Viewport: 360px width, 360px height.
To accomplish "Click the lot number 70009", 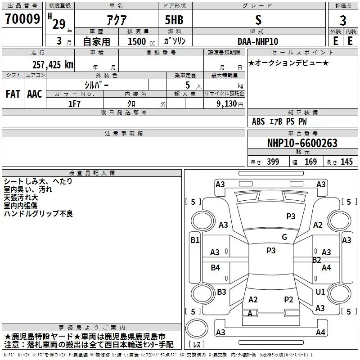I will click(x=22, y=19).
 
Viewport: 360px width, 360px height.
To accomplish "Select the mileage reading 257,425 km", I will click(x=53, y=64).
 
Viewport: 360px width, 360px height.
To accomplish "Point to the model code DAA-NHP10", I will click(x=258, y=41).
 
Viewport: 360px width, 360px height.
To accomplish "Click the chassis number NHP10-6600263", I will click(x=302, y=144).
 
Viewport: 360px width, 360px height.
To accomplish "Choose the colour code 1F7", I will click(x=74, y=103).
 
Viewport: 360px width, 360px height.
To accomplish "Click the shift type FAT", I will click(x=13, y=94).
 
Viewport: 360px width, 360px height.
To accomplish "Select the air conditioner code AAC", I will click(x=34, y=94).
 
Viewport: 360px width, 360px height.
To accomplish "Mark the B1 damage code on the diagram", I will click(x=194, y=240).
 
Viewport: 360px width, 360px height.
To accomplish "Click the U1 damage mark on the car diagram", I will click(x=320, y=292).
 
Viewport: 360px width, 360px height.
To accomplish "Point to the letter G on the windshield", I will click(x=284, y=237).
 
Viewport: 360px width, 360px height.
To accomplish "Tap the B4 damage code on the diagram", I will click(x=216, y=268).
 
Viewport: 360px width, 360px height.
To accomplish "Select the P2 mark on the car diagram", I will click(x=288, y=299).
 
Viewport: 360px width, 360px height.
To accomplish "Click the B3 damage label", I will click(x=221, y=292).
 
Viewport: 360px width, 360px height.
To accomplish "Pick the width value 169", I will click(x=311, y=162).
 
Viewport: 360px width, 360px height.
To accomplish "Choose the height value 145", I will click(x=346, y=162).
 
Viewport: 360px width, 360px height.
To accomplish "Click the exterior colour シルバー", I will click(x=96, y=85).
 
